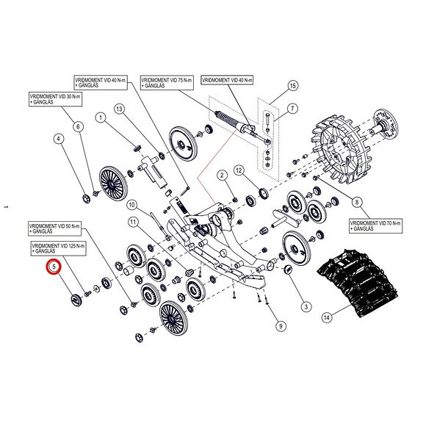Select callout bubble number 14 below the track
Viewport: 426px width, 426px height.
(327, 318)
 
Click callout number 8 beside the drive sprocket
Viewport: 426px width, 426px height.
(358, 202)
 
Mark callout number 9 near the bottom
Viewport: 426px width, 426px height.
(280, 325)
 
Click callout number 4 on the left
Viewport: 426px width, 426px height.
(58, 138)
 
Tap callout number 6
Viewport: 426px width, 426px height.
(78, 126)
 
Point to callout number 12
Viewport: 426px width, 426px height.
(239, 170)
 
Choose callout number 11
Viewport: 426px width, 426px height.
(133, 221)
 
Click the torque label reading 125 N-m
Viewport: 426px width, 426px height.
(59, 248)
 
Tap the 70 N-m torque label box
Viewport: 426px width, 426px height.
(374, 225)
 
